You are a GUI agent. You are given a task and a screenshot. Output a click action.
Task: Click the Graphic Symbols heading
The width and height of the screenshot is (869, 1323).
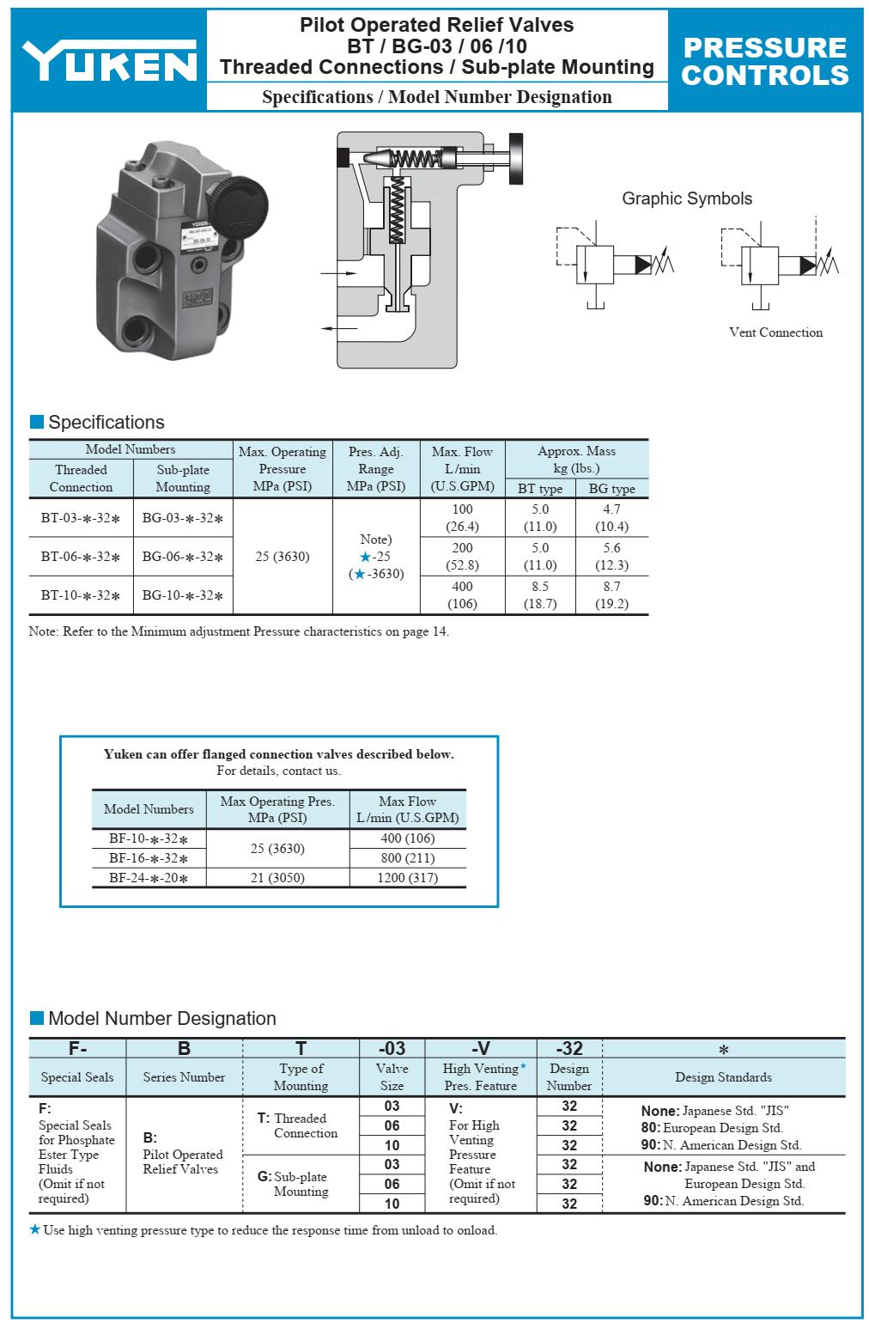point(686,198)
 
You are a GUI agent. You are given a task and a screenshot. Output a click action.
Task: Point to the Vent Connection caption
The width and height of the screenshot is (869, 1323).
point(775,332)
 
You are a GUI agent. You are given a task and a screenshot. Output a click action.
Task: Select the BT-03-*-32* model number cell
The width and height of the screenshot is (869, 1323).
point(81,518)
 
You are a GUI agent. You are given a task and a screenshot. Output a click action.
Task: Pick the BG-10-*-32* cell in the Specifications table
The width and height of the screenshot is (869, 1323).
point(183,595)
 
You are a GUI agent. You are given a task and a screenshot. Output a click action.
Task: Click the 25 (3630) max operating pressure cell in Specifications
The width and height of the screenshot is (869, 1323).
point(282,557)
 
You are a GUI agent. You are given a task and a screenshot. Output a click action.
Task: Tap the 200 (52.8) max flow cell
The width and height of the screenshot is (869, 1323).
point(462,557)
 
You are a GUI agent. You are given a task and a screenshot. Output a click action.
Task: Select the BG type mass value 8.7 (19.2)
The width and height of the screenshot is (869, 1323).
point(611,595)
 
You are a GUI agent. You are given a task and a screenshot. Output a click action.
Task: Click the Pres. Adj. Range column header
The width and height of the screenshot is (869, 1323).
point(375,469)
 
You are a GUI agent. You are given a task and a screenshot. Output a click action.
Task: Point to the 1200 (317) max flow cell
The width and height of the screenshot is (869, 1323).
point(407,878)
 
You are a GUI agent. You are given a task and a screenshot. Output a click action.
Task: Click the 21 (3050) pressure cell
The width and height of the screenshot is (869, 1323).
point(277,878)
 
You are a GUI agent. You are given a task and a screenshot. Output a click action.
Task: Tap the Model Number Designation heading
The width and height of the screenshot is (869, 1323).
point(161,1019)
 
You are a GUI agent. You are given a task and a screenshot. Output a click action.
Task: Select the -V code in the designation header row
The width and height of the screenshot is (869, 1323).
point(481,1048)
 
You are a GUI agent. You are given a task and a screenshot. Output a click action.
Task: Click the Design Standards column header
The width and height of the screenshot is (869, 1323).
point(723,1077)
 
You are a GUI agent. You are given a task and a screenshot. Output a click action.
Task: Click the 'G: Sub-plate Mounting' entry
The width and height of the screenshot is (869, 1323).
point(294,1184)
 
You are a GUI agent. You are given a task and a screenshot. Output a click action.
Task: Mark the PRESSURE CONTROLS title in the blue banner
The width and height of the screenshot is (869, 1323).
point(765,61)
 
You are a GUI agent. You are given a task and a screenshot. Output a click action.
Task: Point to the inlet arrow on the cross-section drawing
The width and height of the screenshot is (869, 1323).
point(338,273)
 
